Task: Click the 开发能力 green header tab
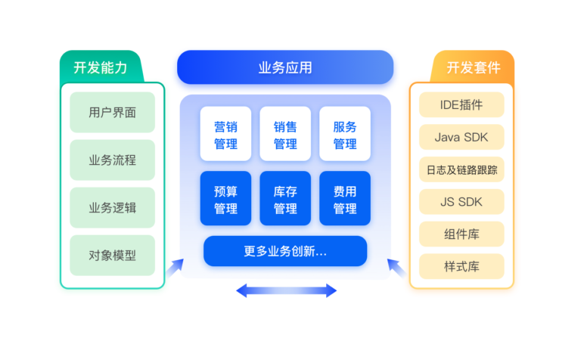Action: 101,67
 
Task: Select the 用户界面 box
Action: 112,113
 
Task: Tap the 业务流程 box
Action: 112,160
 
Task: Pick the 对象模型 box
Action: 112,256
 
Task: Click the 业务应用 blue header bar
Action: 284,68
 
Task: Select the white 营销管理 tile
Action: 225,134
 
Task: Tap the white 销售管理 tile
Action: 285,134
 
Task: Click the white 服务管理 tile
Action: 345,134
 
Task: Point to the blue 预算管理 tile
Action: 225,200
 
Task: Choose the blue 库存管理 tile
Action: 285,200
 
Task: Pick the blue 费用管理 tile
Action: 345,200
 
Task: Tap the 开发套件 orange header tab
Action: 473,67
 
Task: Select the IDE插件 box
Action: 461,105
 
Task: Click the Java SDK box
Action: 461,138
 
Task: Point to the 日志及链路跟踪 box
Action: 461,170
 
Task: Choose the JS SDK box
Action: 461,202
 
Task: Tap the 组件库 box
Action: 461,234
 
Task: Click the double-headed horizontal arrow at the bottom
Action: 286,290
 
